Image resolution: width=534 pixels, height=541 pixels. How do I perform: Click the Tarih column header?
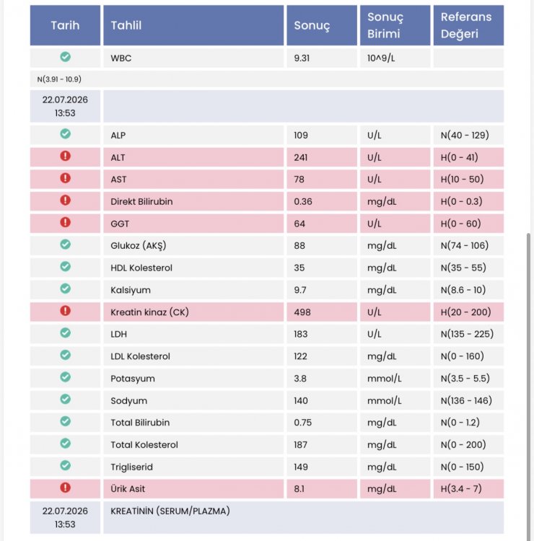coord(65,25)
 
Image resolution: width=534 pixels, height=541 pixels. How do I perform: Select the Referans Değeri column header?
coord(466,25)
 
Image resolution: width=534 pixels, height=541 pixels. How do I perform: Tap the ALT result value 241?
coord(301,157)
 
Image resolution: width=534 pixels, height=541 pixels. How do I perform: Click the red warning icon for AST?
coord(65,178)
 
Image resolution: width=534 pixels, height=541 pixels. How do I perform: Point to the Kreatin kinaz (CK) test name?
coord(149,312)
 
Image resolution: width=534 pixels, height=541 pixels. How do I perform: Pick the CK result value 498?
coord(302,312)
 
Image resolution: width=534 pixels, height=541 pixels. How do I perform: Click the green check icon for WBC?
coord(65,56)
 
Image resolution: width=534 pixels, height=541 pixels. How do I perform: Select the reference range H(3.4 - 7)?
coord(461,488)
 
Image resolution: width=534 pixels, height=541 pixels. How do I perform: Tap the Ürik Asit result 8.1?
coord(299,488)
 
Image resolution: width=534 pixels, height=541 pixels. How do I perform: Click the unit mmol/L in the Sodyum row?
coord(384,400)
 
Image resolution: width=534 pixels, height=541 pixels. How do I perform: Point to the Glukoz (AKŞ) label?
coord(138,246)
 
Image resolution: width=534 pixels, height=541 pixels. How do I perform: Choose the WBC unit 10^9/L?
coord(381,58)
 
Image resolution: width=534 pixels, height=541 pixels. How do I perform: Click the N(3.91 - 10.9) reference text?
coord(59,79)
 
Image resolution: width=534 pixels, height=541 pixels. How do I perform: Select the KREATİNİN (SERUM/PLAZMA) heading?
coord(170,511)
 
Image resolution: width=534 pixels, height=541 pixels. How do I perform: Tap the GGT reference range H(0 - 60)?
coord(460,224)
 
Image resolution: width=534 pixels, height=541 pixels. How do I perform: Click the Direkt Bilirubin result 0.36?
coord(303,201)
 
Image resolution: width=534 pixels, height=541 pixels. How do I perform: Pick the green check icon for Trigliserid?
coord(65,465)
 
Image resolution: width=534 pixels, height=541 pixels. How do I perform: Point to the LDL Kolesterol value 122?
coord(300,356)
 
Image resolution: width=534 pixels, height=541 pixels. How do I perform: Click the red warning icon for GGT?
coord(65,222)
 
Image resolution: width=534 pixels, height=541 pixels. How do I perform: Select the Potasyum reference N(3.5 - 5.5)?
coord(465,379)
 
